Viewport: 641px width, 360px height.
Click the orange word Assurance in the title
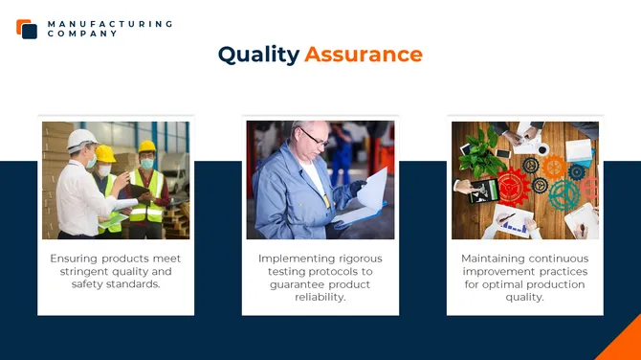coord(364,55)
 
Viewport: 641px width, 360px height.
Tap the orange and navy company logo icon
coord(27,29)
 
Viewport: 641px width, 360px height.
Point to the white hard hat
coord(81,139)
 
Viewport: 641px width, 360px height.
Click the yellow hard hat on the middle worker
coord(105,153)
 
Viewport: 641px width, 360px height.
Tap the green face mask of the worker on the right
coord(147,164)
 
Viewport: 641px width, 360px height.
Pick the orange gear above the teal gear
coord(555,168)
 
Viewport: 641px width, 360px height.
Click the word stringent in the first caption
coord(77,271)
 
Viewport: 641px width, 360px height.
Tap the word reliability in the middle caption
coord(320,297)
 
